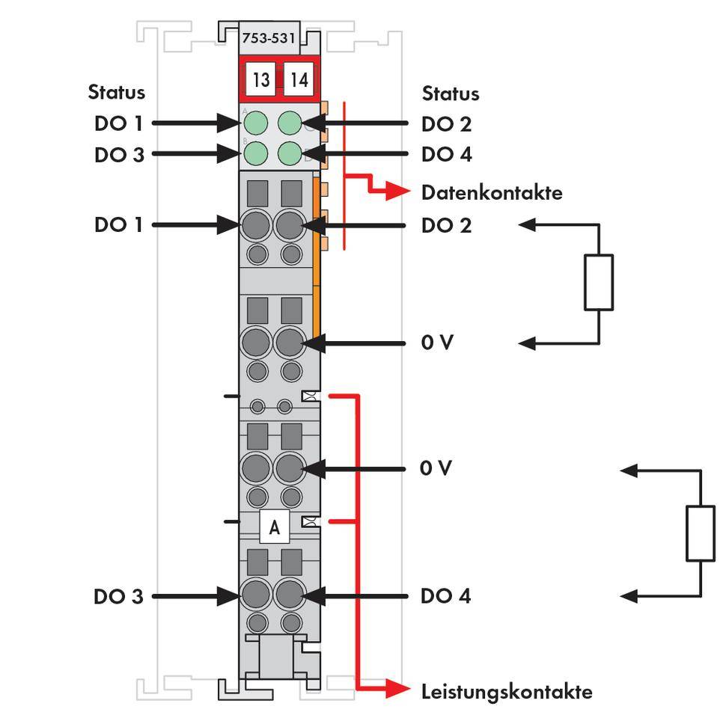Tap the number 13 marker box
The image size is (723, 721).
[260, 80]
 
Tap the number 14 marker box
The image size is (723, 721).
[299, 80]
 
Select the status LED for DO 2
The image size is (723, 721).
[290, 123]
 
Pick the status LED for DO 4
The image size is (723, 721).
[290, 154]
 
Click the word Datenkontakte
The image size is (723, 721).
[492, 192]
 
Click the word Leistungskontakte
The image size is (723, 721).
[507, 691]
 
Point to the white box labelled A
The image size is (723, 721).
[275, 528]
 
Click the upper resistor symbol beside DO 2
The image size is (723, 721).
[599, 282]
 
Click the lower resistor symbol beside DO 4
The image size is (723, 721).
[701, 533]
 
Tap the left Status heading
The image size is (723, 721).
[116, 93]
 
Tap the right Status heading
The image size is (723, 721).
[451, 93]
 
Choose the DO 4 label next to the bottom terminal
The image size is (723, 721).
[446, 597]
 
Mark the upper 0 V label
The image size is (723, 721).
[436, 343]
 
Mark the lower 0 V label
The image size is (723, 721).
[436, 468]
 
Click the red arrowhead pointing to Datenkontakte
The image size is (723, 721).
[400, 192]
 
